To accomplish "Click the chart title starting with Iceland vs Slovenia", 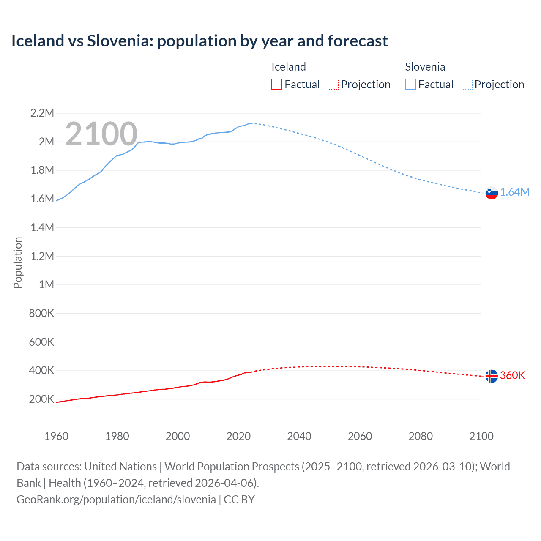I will point(199,41).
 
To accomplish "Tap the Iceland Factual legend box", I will point(276,84).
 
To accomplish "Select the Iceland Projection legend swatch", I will point(333,84).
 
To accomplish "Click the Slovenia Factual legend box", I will point(410,84).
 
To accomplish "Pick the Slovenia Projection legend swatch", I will point(467,84).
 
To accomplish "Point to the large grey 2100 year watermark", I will point(101,134).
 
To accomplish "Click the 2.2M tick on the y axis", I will point(42,113).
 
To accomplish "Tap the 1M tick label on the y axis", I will point(46,284).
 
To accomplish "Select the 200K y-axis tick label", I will point(41,399).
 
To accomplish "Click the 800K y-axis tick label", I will point(41,313).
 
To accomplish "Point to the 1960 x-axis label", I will point(56,436).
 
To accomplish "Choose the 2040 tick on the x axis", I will point(299,436).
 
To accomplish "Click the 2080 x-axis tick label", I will point(421,436).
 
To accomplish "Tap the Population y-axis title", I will point(18,262).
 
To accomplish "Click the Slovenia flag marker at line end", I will point(492,193).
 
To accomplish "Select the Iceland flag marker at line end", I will point(492,376).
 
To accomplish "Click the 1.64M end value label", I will point(515,192).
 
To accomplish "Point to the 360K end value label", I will point(512,375).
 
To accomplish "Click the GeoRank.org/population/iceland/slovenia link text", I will point(116,499).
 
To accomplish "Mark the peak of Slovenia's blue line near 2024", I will point(251,123).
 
